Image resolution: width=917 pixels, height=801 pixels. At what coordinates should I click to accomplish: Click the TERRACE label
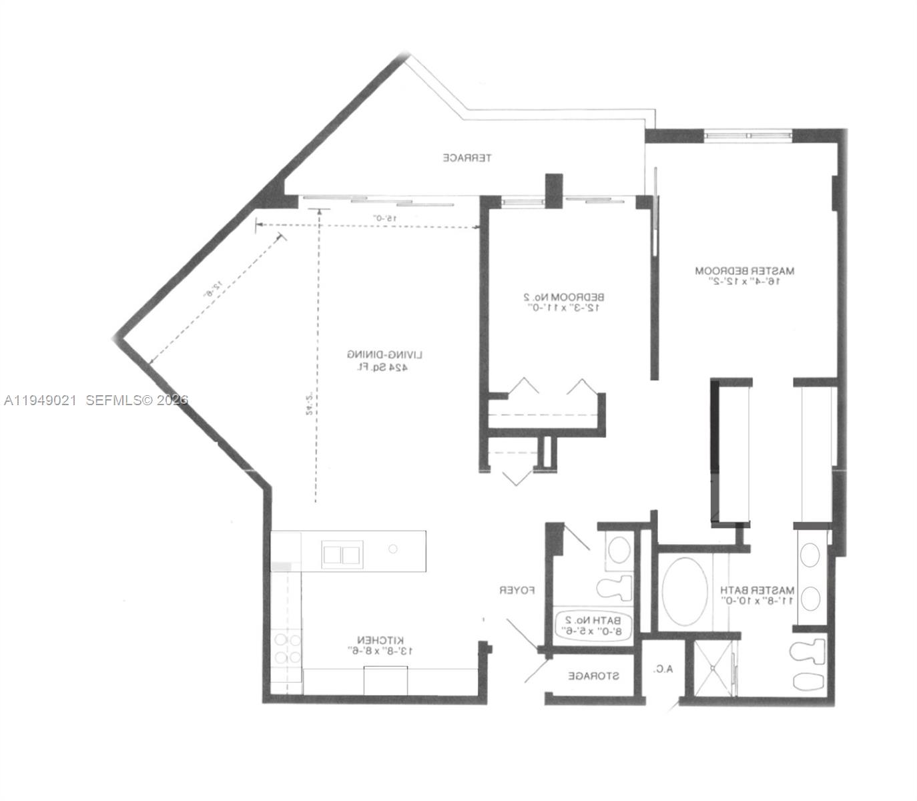point(467,158)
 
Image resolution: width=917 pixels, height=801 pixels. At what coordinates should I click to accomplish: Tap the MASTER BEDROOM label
point(745,271)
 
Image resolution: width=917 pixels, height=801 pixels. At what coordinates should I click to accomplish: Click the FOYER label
point(518,591)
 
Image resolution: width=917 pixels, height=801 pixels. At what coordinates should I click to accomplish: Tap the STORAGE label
point(593,676)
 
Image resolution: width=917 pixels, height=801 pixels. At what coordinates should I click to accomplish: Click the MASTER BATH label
point(757,591)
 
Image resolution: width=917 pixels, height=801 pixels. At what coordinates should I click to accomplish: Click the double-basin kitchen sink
point(342,554)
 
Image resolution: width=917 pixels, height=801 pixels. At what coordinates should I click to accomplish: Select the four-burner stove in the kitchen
point(287,649)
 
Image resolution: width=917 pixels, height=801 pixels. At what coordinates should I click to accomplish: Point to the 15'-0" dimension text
point(385,218)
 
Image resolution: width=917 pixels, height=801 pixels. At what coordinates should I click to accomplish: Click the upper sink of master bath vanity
point(810,554)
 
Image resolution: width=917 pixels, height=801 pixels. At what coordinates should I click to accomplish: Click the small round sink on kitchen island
point(393,549)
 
